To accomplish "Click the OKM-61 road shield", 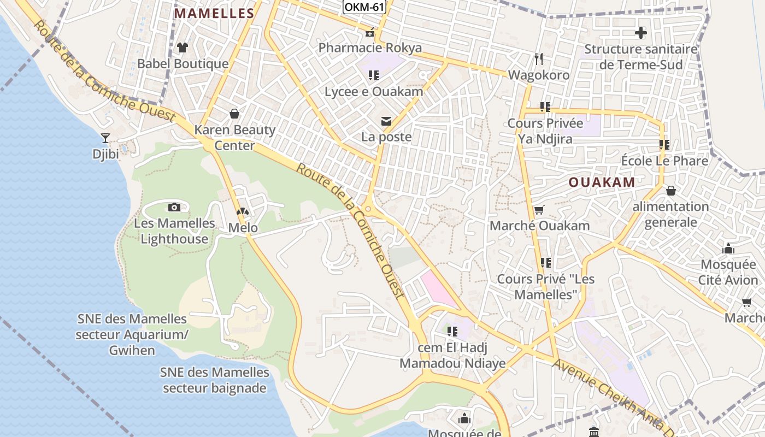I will (x=364, y=7).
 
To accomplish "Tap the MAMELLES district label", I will (x=214, y=14).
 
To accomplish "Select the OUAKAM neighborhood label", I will (x=602, y=182).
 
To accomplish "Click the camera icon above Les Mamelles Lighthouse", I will (x=174, y=207).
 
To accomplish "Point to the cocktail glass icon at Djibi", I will (x=105, y=138).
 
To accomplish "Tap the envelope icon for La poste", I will (x=386, y=121).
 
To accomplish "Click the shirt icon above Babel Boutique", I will (x=183, y=48).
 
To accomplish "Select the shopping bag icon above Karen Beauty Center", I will (x=234, y=114).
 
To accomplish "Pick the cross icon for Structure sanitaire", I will (x=641, y=33).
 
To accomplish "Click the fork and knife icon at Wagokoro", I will (x=539, y=58).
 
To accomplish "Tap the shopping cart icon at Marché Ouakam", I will (x=539, y=210).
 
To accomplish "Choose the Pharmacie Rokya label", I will (x=370, y=48).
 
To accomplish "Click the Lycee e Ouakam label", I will (x=374, y=92).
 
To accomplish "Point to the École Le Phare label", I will (x=664, y=161).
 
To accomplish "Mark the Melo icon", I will (x=242, y=211).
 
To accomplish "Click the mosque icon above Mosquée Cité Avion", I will (x=728, y=249).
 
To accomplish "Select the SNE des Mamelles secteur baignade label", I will (x=214, y=380).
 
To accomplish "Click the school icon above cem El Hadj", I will (x=452, y=331).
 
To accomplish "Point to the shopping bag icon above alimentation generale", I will (x=670, y=191).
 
